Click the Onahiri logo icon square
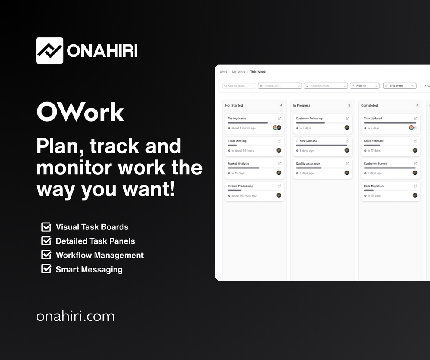tap(49, 51)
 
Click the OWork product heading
tap(80, 112)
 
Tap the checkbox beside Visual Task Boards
tap(46, 227)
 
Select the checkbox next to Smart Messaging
tap(46, 269)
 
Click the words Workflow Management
tap(99, 255)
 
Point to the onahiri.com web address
tap(75, 317)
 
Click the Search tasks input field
tap(239, 86)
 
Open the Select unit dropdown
tap(279, 86)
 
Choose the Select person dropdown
tap(326, 86)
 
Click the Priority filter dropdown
tap(364, 86)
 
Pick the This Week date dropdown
tap(399, 86)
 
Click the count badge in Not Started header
tap(281, 105)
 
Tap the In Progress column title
tap(301, 105)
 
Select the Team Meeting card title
tap(237, 141)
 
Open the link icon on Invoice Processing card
tap(279, 186)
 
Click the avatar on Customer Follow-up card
tap(347, 128)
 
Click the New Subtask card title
tap(308, 141)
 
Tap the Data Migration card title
tap(373, 186)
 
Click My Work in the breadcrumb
tap(239, 72)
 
